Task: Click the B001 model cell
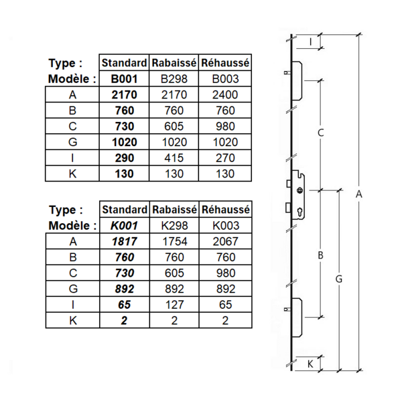click(123, 79)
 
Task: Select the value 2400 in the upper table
click(225, 95)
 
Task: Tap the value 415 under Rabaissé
click(174, 158)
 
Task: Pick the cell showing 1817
click(123, 241)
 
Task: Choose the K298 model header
click(174, 226)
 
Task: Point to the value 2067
click(225, 241)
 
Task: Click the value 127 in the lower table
click(174, 305)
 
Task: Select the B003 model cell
click(225, 79)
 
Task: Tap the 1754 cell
click(174, 241)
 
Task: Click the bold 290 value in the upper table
click(123, 158)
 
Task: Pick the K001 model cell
click(123, 226)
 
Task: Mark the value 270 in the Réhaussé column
click(225, 158)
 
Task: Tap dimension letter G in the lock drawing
click(339, 278)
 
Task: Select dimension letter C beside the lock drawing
click(321, 133)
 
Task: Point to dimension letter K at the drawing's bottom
click(310, 364)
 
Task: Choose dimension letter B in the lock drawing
click(321, 255)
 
